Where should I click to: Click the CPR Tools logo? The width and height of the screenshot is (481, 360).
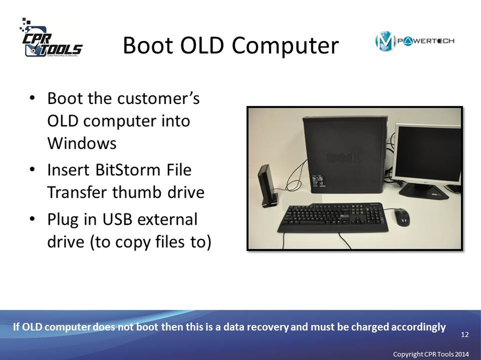[51, 38]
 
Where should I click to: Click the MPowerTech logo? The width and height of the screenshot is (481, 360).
[415, 41]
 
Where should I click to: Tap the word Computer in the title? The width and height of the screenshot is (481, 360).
[285, 46]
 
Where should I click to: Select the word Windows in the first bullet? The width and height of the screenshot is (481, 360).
[82, 143]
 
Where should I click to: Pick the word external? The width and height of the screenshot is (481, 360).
[167, 219]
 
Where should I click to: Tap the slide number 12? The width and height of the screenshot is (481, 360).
[465, 334]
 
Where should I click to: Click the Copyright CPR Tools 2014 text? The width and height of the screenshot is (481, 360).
[431, 354]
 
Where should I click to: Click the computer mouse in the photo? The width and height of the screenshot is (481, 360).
[402, 217]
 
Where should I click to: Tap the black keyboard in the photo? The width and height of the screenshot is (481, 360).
[333, 217]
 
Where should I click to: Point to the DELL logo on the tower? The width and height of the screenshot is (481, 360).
[344, 158]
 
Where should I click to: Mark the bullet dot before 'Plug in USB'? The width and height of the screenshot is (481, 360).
[32, 219]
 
